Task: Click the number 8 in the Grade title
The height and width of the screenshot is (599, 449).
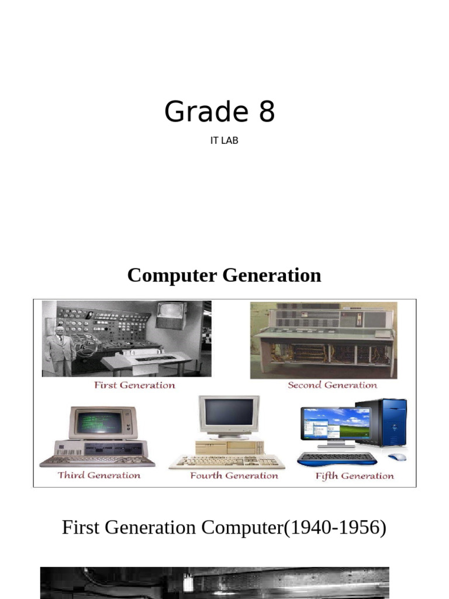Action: [267, 112]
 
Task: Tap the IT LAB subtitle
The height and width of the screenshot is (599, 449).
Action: [224, 141]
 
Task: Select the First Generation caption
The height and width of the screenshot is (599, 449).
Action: [134, 385]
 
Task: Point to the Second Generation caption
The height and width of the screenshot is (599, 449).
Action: [332, 385]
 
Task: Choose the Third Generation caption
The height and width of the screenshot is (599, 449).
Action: [99, 475]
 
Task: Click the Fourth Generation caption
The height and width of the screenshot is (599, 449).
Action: [234, 476]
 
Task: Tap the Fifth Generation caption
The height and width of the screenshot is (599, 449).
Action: [354, 476]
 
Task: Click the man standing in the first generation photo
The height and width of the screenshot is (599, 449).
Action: [60, 350]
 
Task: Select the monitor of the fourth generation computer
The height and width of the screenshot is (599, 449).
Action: [229, 415]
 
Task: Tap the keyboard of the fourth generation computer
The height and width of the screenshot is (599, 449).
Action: [227, 462]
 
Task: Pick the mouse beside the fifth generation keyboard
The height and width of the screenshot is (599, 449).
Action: [397, 457]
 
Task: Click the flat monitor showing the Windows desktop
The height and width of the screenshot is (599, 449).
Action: [335, 424]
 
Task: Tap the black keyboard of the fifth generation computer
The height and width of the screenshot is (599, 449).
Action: [336, 457]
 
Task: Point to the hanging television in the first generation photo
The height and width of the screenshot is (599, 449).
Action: [171, 315]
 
